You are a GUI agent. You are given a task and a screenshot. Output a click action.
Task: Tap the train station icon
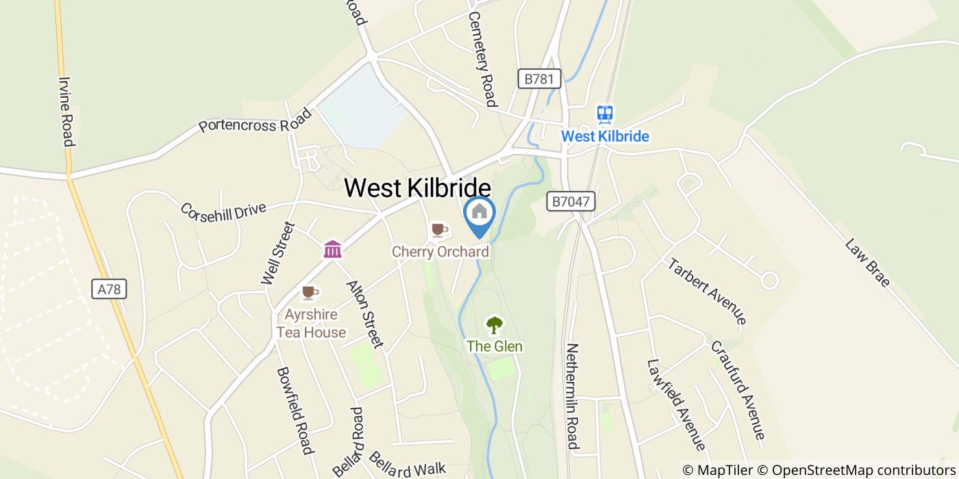pyautogui.click(x=604, y=114)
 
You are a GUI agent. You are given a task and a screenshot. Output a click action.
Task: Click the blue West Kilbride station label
pyautogui.click(x=605, y=136)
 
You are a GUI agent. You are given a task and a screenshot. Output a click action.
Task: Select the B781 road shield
pyautogui.click(x=538, y=79)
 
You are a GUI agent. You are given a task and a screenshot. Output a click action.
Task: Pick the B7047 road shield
pyautogui.click(x=571, y=201)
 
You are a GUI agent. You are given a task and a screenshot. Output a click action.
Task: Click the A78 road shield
pyautogui.click(x=109, y=289)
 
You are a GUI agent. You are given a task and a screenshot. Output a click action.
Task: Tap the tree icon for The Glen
pyautogui.click(x=494, y=324)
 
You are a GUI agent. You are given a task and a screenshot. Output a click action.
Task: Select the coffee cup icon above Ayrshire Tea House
pyautogui.click(x=310, y=293)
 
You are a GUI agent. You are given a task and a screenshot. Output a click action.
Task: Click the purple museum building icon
pyautogui.click(x=333, y=249)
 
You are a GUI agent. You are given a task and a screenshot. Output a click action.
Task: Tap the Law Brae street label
pyautogui.click(x=867, y=262)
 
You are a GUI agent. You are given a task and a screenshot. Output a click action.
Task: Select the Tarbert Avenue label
pyautogui.click(x=706, y=291)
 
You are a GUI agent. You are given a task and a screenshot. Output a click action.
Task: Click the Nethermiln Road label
pyautogui.click(x=573, y=396)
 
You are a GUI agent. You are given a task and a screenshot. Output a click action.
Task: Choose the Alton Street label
pyautogui.click(x=364, y=313)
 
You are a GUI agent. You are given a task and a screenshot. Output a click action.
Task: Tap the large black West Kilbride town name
pyautogui.click(x=417, y=188)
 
